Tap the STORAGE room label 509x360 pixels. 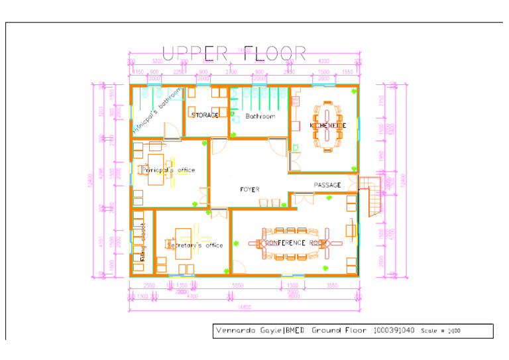pyautogui.click(x=205, y=115)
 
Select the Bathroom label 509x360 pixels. pyautogui.click(x=260, y=116)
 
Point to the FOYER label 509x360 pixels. pyautogui.click(x=250, y=190)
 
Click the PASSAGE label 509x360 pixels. pyautogui.click(x=327, y=185)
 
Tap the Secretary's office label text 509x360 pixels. pyautogui.click(x=194, y=245)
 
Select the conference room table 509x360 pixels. pyautogui.click(x=296, y=243)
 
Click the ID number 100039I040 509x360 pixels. pyautogui.click(x=394, y=330)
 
